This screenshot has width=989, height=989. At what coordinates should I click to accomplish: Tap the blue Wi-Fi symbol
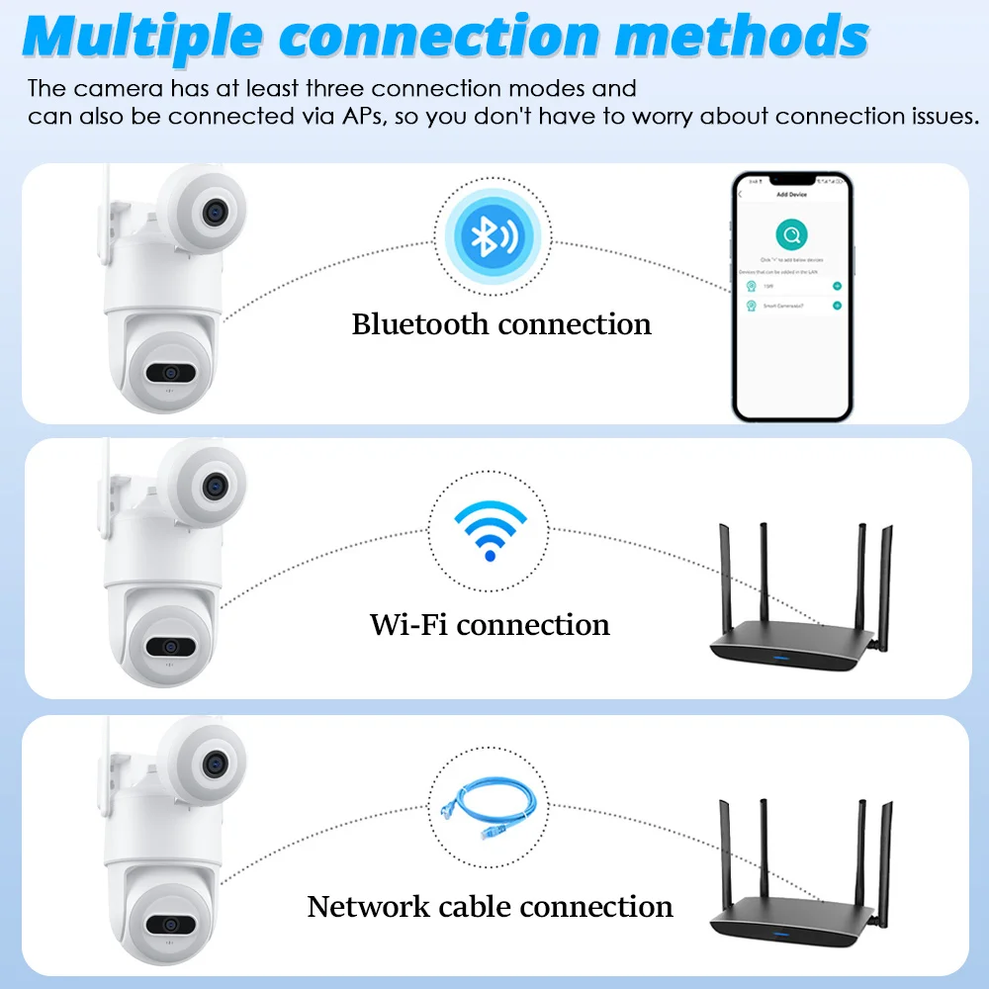tap(490, 530)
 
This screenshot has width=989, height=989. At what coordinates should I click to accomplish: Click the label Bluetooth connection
tap(501, 324)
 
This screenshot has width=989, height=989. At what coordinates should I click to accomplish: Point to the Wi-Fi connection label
tap(490, 625)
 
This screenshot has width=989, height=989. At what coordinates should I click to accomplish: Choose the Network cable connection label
tap(490, 906)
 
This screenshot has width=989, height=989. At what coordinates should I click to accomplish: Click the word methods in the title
tap(742, 36)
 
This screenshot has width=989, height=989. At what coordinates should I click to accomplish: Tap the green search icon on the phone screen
tap(791, 235)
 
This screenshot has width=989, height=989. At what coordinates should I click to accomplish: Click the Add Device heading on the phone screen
tap(791, 195)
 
